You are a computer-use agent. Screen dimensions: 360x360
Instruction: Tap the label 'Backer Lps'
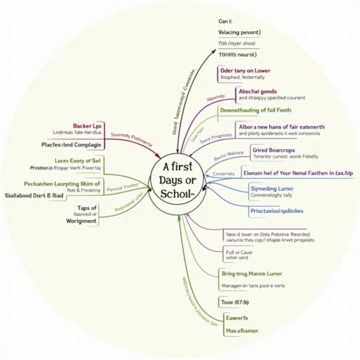(x=87, y=126)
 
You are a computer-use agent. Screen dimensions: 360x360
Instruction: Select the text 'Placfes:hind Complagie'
(x=71, y=144)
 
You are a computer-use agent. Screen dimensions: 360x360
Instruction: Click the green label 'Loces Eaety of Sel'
(x=77, y=161)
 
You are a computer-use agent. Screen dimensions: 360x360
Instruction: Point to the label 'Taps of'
(x=86, y=208)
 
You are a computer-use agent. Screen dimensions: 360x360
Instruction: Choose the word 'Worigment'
(x=81, y=221)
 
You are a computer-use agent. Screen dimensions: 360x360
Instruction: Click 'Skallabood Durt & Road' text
(x=34, y=196)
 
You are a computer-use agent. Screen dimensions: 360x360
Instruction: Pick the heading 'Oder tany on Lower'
(x=245, y=70)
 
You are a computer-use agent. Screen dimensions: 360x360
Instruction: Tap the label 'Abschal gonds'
(x=258, y=91)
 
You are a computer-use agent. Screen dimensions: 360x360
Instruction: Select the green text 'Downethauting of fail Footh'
(x=256, y=110)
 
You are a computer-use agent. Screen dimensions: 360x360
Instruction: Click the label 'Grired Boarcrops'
(x=274, y=150)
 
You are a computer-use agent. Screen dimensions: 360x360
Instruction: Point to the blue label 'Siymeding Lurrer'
(x=272, y=189)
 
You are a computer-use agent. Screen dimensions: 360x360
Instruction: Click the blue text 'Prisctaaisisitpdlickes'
(x=277, y=211)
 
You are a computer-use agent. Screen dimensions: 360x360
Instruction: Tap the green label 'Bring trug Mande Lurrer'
(x=252, y=274)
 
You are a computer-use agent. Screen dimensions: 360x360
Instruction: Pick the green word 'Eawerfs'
(x=237, y=318)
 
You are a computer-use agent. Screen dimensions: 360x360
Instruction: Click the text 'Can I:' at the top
(x=224, y=21)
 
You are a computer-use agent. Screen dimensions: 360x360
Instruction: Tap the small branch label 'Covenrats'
(x=223, y=174)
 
